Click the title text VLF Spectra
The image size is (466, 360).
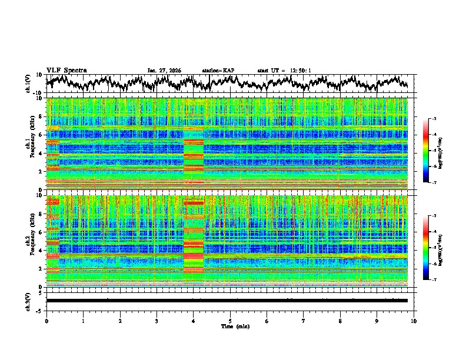coord(66,70)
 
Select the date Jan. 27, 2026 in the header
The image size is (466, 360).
coord(164,70)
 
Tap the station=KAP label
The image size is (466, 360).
coord(218,70)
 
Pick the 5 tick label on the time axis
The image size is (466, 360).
coord(230,321)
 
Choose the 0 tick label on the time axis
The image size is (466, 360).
coord(46,321)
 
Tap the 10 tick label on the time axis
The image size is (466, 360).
coord(414,321)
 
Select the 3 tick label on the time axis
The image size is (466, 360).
coord(157,321)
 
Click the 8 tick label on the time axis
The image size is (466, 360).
coord(340,321)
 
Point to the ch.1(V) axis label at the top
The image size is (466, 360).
coord(28,84)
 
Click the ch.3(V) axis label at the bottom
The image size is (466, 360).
coord(28,301)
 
